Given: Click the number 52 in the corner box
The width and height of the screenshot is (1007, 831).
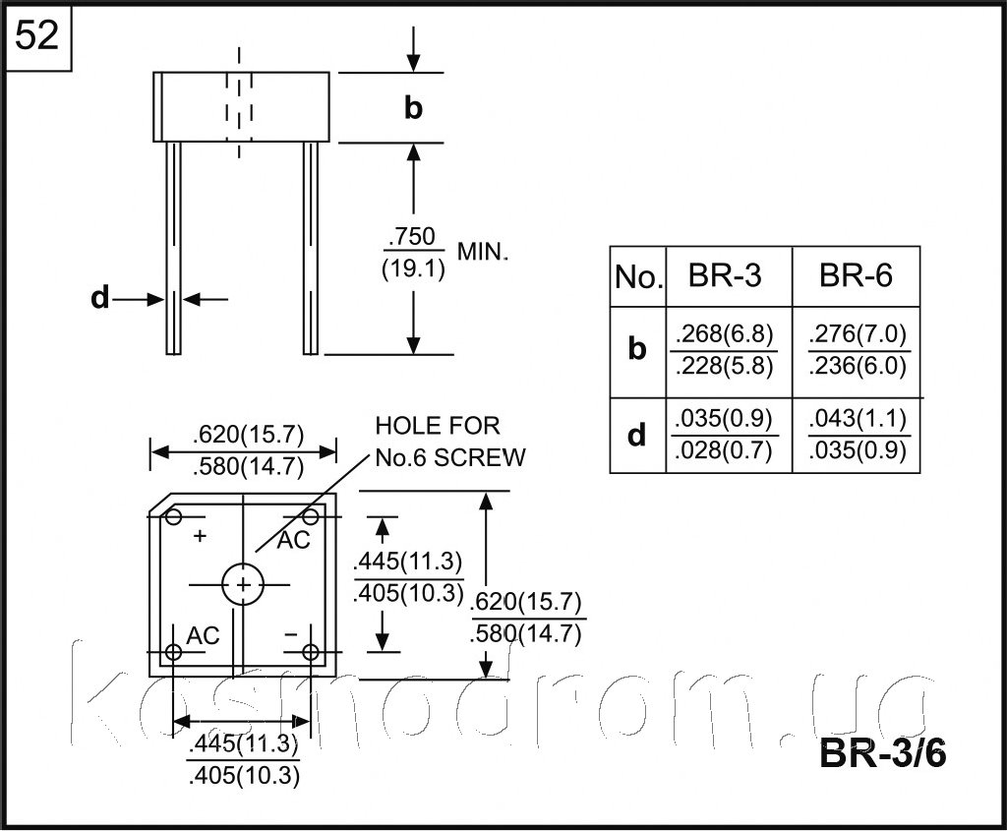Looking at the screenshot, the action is pyautogui.click(x=36, y=35).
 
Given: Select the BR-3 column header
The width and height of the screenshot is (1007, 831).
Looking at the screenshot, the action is pyautogui.click(x=725, y=275).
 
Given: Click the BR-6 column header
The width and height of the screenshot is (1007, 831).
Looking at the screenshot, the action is pyautogui.click(x=856, y=275).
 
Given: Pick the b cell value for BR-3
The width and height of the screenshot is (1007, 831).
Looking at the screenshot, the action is pyautogui.click(x=725, y=350).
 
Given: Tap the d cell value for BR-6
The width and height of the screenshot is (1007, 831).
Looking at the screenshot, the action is pyautogui.click(x=858, y=435).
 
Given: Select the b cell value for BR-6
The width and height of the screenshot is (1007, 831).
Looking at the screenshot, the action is pyautogui.click(x=858, y=350).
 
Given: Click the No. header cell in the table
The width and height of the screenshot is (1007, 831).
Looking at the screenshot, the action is pyautogui.click(x=638, y=276).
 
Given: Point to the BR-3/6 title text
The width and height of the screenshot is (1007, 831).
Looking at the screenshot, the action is pyautogui.click(x=882, y=752).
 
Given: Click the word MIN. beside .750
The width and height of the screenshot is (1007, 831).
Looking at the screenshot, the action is pyautogui.click(x=482, y=253).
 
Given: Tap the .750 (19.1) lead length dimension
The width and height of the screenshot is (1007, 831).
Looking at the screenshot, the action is pyautogui.click(x=414, y=253).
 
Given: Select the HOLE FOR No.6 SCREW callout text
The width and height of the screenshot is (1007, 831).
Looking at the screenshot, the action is pyautogui.click(x=450, y=442).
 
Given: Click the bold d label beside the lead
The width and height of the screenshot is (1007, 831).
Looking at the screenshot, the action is pyautogui.click(x=99, y=298).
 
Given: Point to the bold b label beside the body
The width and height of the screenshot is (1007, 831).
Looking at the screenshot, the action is pyautogui.click(x=414, y=107).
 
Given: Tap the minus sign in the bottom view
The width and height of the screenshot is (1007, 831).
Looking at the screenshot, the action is pyautogui.click(x=291, y=634).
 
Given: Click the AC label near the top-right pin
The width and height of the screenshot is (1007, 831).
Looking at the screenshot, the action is pyautogui.click(x=293, y=541).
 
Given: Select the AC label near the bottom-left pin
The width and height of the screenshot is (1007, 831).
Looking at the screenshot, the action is pyautogui.click(x=203, y=635).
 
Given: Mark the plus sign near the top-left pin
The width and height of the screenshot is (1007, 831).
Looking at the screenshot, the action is pyautogui.click(x=200, y=535).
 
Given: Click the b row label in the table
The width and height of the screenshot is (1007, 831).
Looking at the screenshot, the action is pyautogui.click(x=636, y=348).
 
